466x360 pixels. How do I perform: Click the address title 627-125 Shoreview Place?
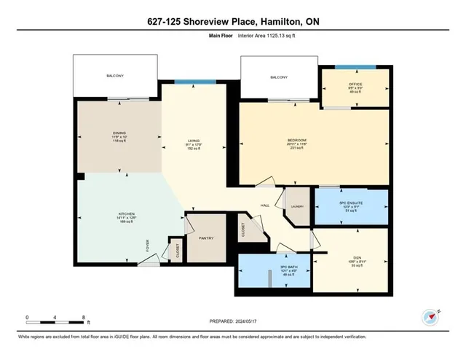coord(232,23)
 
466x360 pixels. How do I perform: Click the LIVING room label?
coord(194,141)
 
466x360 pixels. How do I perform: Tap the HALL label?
coord(265,206)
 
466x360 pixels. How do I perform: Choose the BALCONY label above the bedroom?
coord(279,77)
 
